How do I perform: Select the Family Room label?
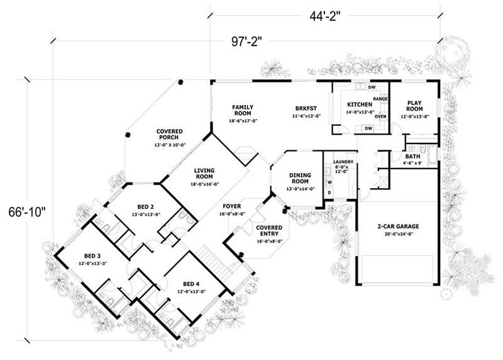click(242, 111)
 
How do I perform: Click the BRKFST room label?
click(306, 111)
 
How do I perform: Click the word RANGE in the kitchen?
click(380, 99)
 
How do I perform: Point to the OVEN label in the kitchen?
click(380, 116)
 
